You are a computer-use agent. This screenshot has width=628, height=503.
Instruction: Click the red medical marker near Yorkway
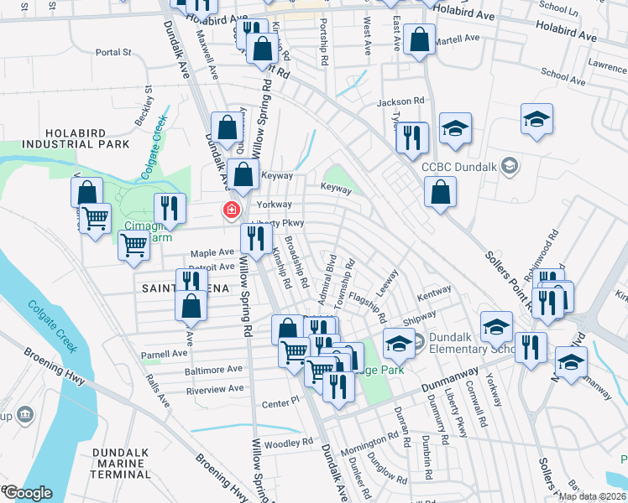(x=228, y=210)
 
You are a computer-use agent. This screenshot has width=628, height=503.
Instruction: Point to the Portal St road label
(x=114, y=52)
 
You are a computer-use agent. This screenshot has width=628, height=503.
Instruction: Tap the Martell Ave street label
(x=458, y=38)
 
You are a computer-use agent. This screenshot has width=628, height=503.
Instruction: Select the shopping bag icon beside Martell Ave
(x=419, y=39)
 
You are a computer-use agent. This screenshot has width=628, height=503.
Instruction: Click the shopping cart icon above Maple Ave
(x=133, y=246)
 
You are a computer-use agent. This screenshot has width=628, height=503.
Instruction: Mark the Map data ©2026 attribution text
(x=591, y=496)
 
